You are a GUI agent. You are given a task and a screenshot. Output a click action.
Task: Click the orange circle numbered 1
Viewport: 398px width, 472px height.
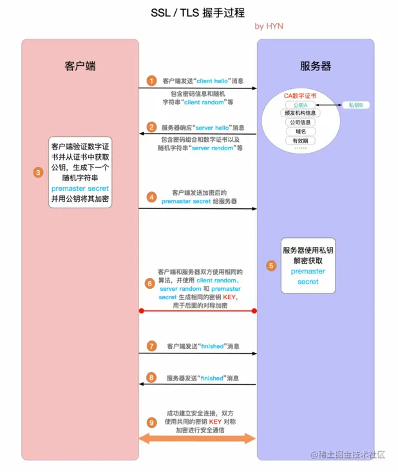(x=151, y=81)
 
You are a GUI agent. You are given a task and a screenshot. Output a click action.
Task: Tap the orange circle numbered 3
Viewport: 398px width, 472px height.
(x=39, y=172)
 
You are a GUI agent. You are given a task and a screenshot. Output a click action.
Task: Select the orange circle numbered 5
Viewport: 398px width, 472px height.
(x=270, y=265)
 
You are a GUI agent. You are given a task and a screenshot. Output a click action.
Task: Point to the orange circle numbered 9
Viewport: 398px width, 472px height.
(x=151, y=422)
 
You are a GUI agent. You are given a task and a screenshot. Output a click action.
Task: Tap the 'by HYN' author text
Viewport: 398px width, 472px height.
(x=269, y=26)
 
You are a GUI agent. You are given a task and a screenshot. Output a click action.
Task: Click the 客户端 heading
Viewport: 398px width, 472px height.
(x=80, y=66)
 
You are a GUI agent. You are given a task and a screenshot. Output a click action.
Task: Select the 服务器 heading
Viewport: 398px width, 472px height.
(x=316, y=66)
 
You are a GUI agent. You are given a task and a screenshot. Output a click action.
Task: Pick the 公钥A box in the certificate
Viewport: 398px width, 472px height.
(x=300, y=105)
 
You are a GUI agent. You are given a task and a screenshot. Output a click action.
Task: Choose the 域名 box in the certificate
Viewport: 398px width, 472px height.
(x=300, y=132)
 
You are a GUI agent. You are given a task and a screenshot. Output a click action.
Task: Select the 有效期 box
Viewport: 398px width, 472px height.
(x=300, y=141)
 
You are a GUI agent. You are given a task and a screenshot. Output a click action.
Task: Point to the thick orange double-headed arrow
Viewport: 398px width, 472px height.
(x=198, y=438)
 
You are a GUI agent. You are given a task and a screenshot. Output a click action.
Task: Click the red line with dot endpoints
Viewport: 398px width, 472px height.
(x=198, y=311)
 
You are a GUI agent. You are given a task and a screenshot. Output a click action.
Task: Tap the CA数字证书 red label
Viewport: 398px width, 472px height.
(x=300, y=96)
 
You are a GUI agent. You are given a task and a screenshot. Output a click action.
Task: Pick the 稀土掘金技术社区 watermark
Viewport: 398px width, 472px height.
(x=352, y=455)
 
